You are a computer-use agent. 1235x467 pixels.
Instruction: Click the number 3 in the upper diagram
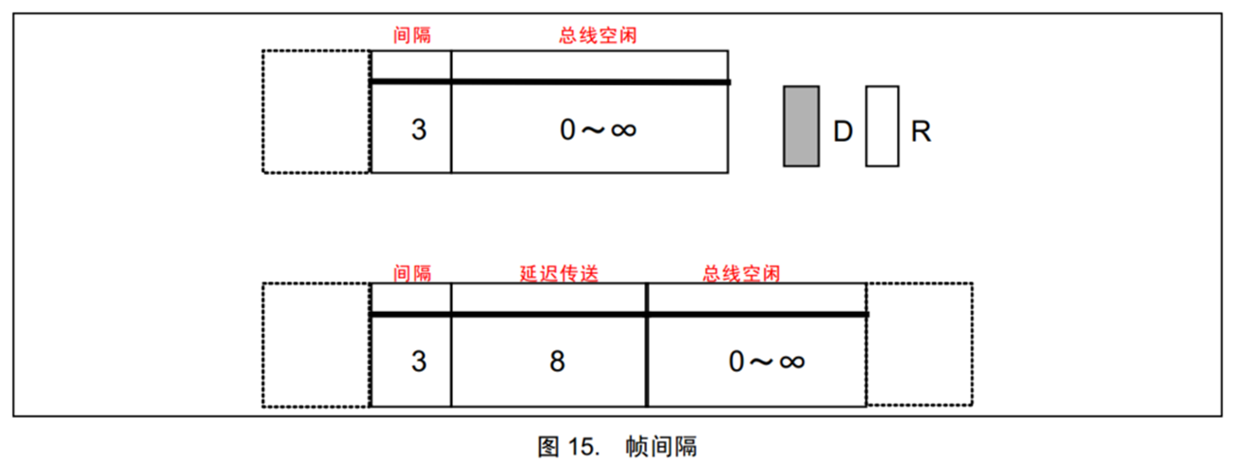click(x=419, y=129)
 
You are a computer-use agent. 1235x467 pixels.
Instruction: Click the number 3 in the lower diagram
click(x=419, y=361)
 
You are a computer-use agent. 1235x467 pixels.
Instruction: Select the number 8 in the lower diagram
click(x=558, y=361)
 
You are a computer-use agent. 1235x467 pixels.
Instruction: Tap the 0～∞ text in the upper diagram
click(x=598, y=129)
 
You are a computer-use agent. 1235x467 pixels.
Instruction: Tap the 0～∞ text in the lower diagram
click(x=767, y=361)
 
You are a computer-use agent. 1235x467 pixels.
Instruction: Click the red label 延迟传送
click(x=559, y=273)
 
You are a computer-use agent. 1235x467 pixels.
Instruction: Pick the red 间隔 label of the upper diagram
click(x=412, y=35)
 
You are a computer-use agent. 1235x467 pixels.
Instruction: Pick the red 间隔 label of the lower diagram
click(x=412, y=273)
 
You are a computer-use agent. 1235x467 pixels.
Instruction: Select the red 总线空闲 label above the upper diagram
click(x=598, y=35)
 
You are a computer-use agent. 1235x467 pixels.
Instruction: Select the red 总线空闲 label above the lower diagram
click(x=742, y=273)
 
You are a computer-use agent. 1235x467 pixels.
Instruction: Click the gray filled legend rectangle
click(x=801, y=126)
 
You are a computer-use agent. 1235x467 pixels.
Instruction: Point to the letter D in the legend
click(x=843, y=131)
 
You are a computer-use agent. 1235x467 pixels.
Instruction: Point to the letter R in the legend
click(x=921, y=131)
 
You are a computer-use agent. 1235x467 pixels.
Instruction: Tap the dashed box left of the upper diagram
click(x=262, y=111)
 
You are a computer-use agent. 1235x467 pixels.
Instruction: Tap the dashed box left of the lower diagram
click(x=262, y=345)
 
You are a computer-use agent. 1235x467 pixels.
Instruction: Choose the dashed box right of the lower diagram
click(x=972, y=344)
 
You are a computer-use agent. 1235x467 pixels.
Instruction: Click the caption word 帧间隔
click(x=661, y=447)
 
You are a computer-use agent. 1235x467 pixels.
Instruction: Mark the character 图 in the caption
click(x=548, y=447)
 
